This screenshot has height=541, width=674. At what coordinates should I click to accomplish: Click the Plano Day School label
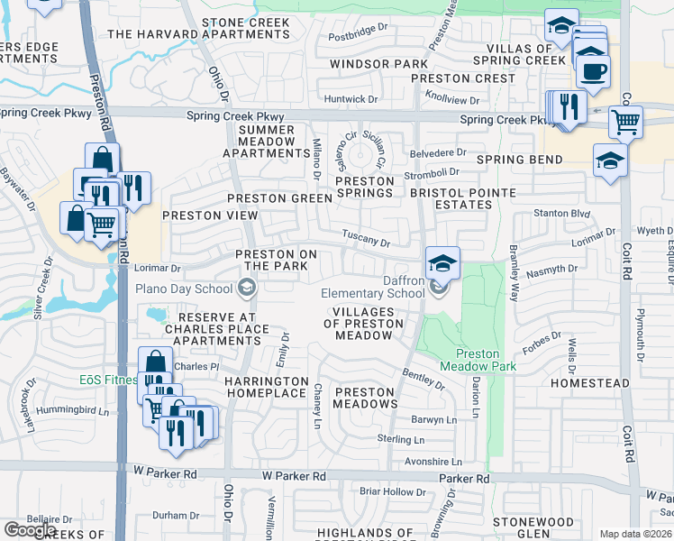(x=183, y=289)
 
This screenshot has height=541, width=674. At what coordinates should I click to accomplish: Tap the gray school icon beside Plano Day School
(x=245, y=289)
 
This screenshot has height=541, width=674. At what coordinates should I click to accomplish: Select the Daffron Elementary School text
(x=373, y=287)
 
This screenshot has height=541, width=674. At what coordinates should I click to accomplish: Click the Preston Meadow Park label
(x=478, y=361)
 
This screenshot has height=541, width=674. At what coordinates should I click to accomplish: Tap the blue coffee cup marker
(x=593, y=71)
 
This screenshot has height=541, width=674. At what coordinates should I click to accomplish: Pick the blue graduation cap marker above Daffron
(x=442, y=262)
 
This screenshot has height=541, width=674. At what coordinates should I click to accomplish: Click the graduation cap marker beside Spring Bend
(x=610, y=160)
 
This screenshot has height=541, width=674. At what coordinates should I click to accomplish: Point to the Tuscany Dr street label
(x=366, y=237)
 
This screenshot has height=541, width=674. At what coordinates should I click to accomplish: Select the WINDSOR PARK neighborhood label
(x=378, y=64)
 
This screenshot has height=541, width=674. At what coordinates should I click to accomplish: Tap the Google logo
(x=30, y=529)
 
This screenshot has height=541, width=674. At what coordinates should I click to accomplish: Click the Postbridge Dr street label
(x=358, y=38)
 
